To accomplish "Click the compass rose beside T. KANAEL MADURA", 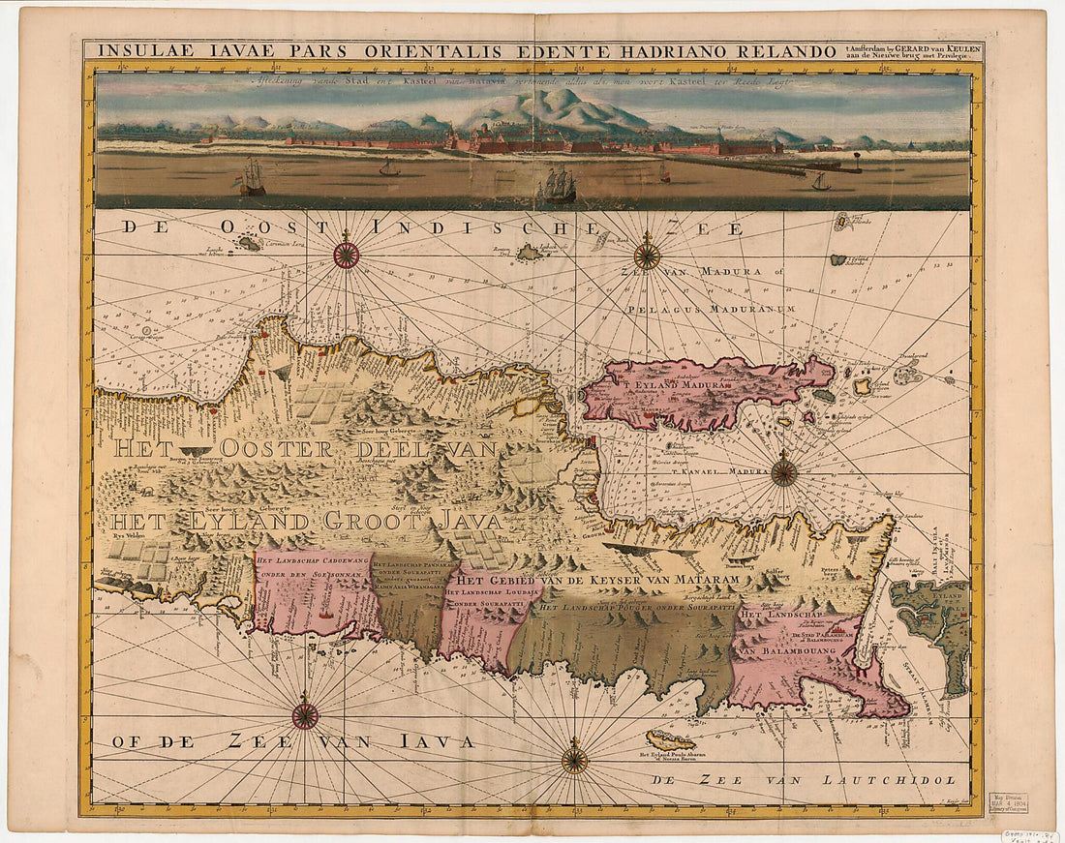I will (784, 473).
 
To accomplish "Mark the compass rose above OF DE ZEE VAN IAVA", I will (305, 716).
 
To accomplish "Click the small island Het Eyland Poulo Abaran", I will (672, 740).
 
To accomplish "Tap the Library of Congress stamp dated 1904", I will (1007, 802).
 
